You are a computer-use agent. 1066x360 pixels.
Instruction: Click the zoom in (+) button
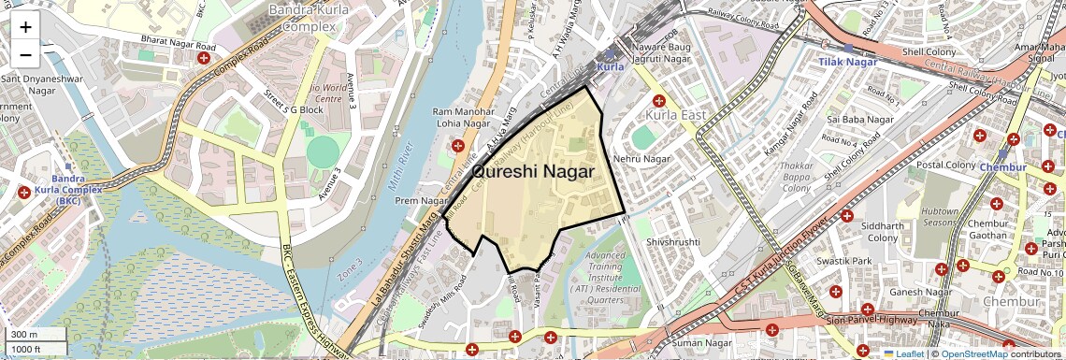[25, 26]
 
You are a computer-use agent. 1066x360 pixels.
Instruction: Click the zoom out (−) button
[25, 54]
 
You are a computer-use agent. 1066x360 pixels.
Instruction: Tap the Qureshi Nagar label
[533, 171]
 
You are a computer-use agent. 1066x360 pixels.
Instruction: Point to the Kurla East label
[673, 114]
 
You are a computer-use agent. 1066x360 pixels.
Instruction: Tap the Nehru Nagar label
[642, 159]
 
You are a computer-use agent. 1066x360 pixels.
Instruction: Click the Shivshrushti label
[672, 241]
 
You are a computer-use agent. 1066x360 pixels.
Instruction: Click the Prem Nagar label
[423, 200]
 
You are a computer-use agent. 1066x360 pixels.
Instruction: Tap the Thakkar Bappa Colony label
[796, 178]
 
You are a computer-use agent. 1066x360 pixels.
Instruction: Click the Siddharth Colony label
[884, 232]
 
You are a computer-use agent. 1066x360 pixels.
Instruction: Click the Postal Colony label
[946, 165]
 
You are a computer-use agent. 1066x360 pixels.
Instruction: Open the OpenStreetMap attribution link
[974, 353]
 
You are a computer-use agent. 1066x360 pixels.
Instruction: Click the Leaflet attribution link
[903, 353]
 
